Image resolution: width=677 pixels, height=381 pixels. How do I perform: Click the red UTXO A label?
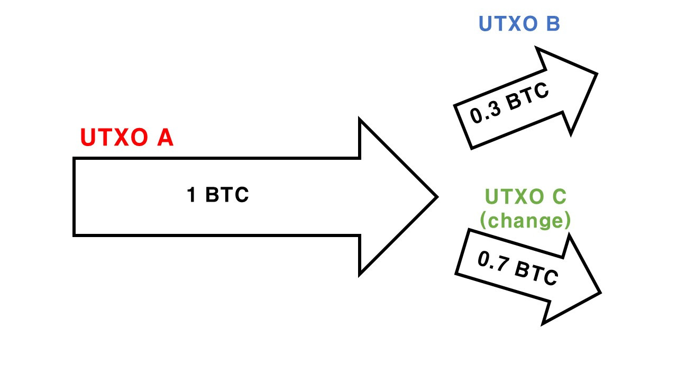pyautogui.click(x=127, y=137)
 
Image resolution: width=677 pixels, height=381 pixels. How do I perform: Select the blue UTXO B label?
pyautogui.click(x=519, y=24)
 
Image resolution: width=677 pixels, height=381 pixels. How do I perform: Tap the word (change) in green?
pyautogui.click(x=525, y=220)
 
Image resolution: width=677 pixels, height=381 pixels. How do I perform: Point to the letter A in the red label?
pyautogui.click(x=166, y=137)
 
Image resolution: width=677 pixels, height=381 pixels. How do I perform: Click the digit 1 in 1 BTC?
pyautogui.click(x=191, y=194)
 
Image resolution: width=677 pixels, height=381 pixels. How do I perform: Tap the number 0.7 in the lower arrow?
pyautogui.click(x=492, y=261)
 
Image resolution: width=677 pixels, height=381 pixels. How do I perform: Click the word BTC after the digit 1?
pyautogui.click(x=227, y=194)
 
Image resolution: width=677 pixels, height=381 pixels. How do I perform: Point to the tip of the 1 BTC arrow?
pyautogui.click(x=437, y=197)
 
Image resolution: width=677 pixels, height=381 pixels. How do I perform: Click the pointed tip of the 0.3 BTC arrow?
pyautogui.click(x=597, y=74)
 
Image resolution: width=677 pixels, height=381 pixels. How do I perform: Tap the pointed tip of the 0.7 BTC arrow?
pyautogui.click(x=600, y=293)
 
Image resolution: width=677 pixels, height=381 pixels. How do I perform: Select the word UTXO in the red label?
pyautogui.click(x=114, y=137)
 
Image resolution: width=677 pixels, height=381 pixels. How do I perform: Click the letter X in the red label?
pyautogui.click(x=122, y=137)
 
